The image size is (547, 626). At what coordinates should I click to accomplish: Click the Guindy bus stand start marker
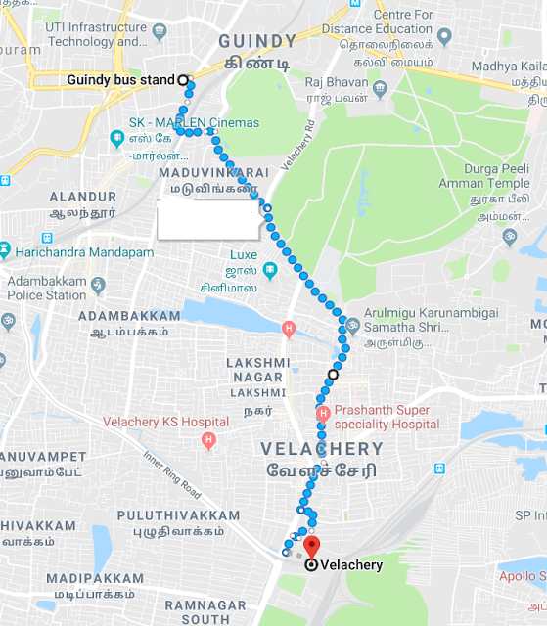pos(183,79)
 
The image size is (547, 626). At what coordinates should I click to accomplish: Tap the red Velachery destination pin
pos(311,547)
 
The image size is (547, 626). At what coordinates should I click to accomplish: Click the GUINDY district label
pos(257,40)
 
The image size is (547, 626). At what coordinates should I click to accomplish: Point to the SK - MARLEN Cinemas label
pos(195,123)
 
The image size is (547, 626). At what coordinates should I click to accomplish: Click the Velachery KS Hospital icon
pos(207,441)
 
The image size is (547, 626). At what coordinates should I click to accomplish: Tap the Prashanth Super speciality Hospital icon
pos(323,416)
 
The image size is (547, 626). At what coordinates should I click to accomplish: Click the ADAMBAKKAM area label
pos(129,316)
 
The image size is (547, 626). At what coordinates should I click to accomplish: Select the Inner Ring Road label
pos(172,476)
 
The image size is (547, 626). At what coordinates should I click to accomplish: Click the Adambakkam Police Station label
pos(47,288)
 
